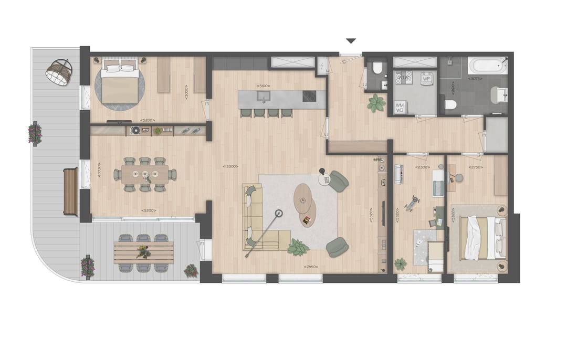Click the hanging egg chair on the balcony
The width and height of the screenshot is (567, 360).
click(58, 72)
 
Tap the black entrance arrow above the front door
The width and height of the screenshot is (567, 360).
click(351, 41)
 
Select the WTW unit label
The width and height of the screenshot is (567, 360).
click(404, 78)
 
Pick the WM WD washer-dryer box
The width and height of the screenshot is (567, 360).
click(400, 107)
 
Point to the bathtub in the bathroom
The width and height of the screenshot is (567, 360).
click(488, 66)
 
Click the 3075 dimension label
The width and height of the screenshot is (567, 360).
click(475, 79)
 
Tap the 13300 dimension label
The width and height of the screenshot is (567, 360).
click(230, 166)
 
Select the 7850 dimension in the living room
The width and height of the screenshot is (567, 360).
click(310, 267)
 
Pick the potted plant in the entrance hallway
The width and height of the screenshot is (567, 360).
click(376, 103)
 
